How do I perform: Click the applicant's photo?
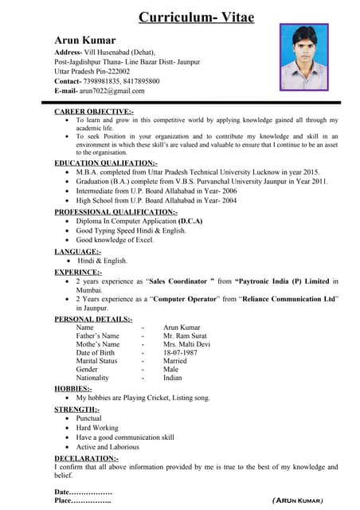303,57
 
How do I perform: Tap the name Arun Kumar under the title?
85,41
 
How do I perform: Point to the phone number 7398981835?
104,81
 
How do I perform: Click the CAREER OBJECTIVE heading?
94,112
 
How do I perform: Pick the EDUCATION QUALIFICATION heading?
106,163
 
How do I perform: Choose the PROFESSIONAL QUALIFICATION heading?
115,212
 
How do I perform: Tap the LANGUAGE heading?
77,251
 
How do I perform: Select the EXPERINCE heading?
78,272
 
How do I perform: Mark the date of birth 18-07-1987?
180,352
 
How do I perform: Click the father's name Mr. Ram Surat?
186,335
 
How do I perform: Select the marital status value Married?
174,361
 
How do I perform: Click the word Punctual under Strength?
89,418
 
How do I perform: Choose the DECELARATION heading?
86,458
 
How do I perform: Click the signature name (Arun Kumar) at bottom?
297,500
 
